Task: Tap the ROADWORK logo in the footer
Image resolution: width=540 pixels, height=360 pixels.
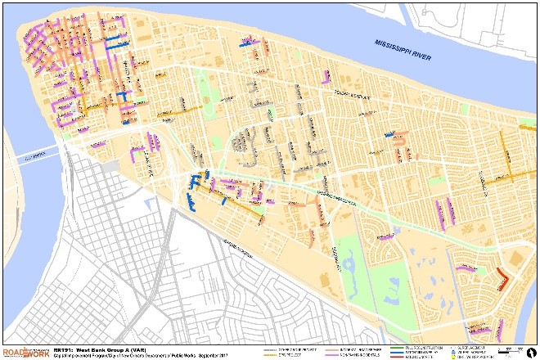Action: (x=25, y=350)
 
